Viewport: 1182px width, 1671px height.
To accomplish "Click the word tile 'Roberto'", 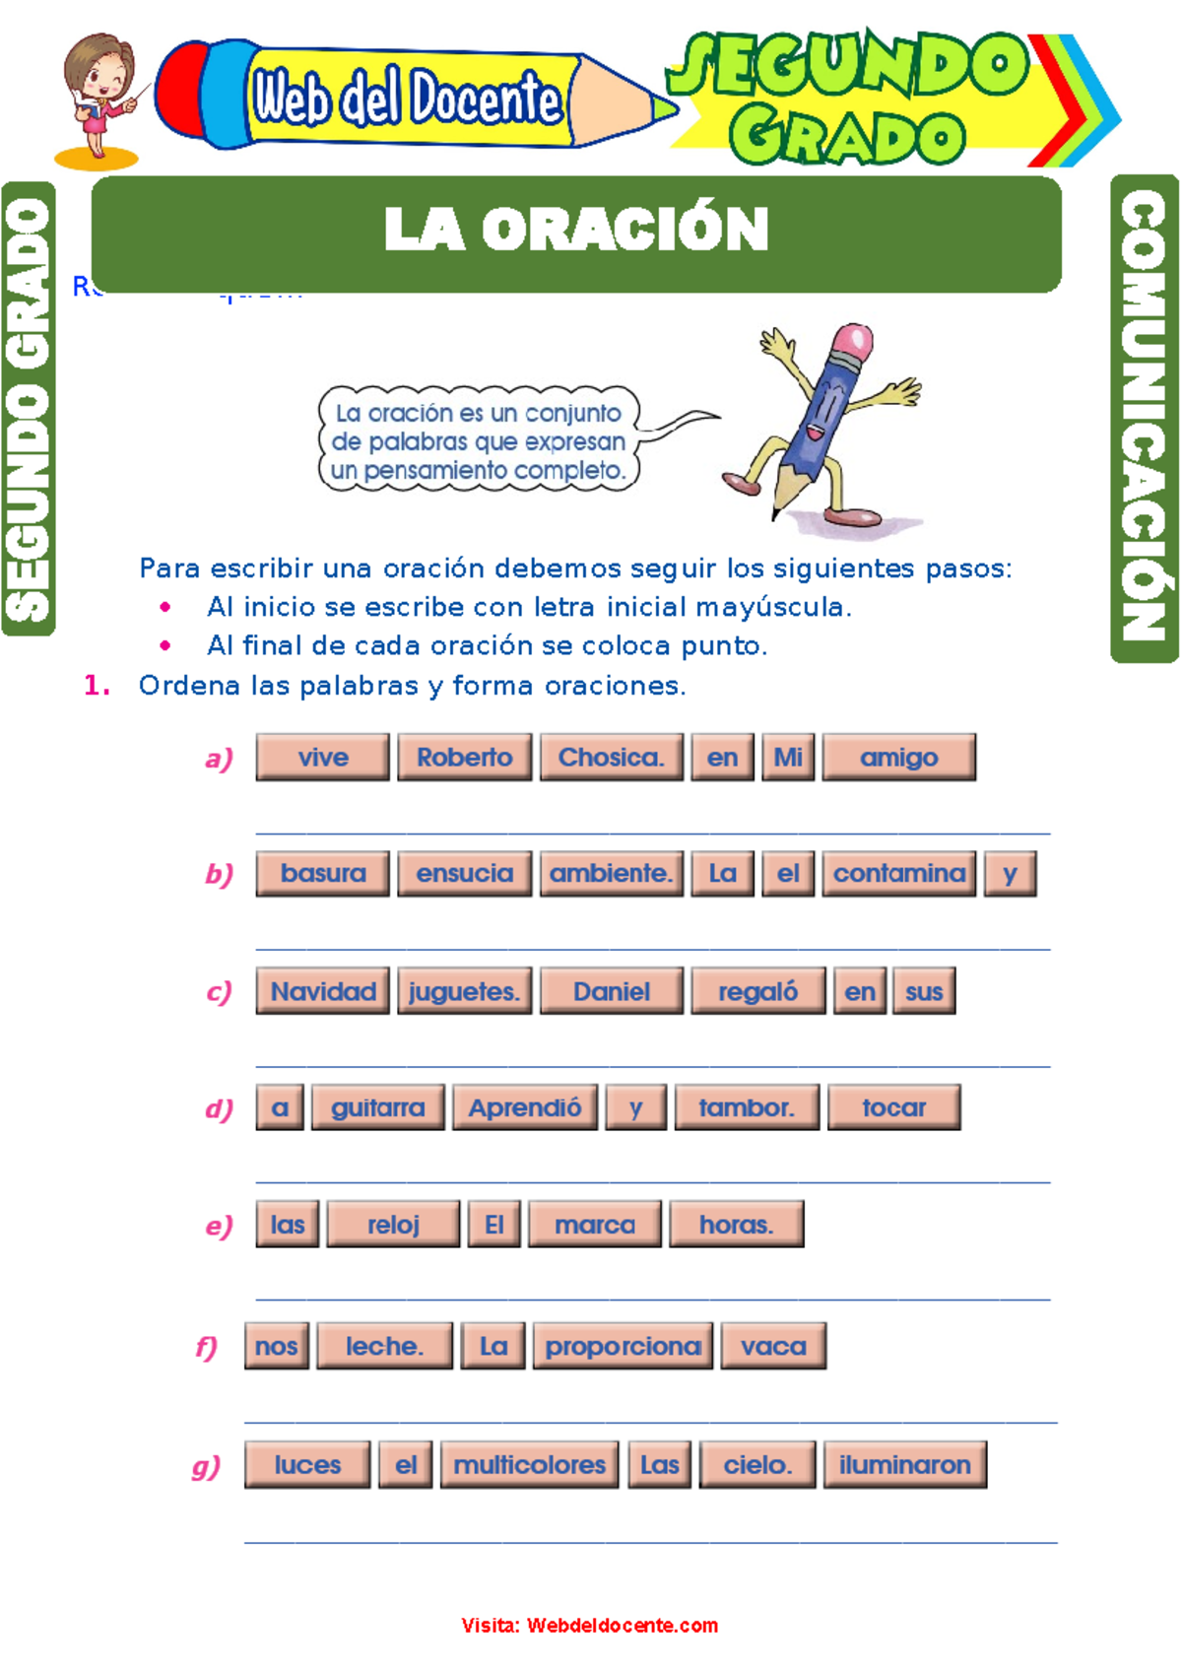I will [464, 757].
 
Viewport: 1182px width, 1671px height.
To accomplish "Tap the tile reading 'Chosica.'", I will [611, 757].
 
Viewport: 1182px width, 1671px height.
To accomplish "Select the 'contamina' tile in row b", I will [899, 873].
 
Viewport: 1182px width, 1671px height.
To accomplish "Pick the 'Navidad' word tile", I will [323, 991].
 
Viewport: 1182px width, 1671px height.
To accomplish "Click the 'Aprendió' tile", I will [525, 1107].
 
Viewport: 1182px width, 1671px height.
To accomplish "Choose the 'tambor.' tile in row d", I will [747, 1107].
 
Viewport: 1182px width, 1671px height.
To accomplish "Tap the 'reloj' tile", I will [393, 1225].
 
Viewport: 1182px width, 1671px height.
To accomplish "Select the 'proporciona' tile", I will [623, 1346].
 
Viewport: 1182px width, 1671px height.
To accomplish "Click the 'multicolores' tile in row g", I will [530, 1465].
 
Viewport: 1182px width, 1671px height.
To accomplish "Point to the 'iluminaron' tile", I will [904, 1465].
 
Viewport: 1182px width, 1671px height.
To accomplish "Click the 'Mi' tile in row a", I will [788, 757].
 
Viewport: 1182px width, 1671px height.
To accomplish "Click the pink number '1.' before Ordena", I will [97, 686].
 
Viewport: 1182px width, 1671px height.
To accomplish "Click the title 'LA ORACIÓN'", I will [576, 230].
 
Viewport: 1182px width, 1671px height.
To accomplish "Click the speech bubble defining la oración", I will [479, 440].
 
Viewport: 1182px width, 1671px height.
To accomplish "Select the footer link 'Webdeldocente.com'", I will [622, 1626].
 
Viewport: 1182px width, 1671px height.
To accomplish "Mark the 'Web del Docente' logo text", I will [406, 99].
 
